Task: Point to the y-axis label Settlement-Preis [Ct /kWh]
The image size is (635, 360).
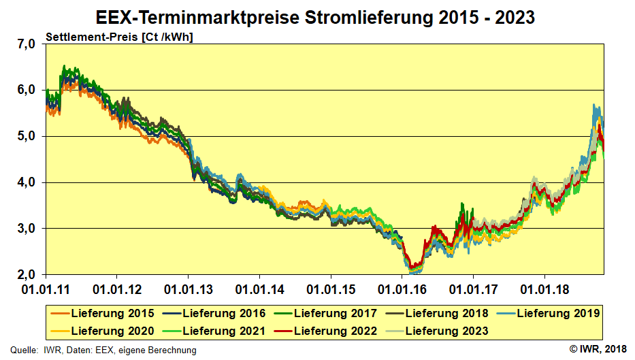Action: tap(119, 37)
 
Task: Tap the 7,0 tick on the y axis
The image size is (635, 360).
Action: tap(25, 44)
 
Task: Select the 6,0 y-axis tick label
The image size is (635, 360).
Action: tap(25, 90)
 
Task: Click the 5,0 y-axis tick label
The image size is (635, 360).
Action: tap(25, 136)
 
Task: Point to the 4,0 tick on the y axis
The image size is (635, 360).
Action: tap(25, 182)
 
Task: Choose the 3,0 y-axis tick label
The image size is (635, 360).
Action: tap(25, 229)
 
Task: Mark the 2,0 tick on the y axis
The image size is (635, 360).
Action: tap(25, 275)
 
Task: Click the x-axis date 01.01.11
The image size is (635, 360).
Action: tap(46, 289)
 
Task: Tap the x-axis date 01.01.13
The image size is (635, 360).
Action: tap(189, 289)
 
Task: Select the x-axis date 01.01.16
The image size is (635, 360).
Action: tap(402, 289)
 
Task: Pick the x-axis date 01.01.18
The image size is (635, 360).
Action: tap(544, 289)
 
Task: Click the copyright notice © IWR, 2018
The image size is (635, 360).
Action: tap(597, 349)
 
